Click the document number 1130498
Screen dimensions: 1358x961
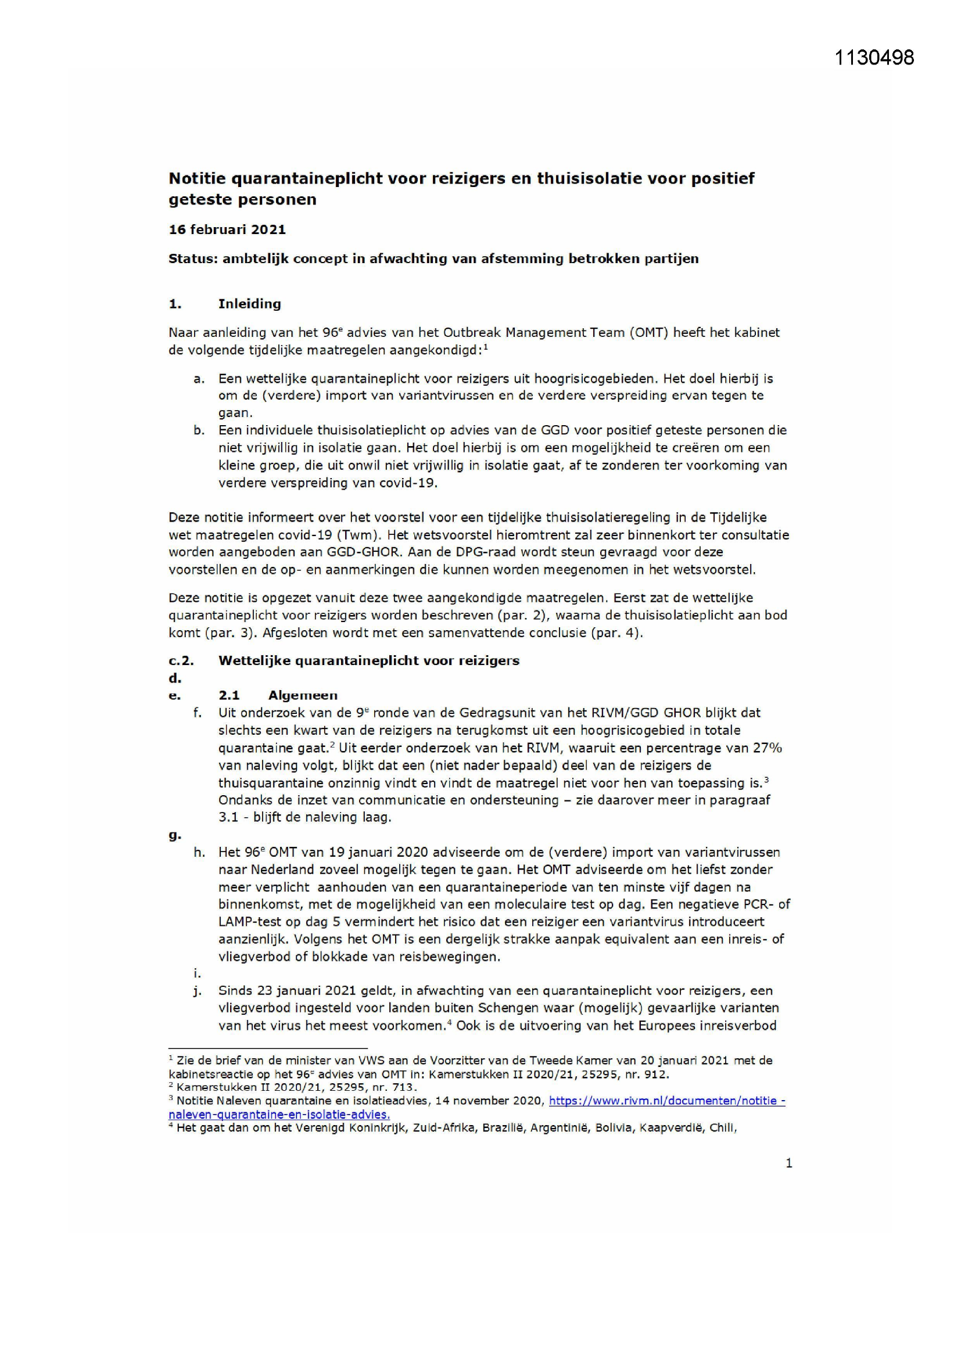click(874, 58)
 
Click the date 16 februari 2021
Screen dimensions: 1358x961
click(227, 229)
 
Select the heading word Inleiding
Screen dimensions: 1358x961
click(249, 304)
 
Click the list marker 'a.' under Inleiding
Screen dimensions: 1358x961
click(199, 379)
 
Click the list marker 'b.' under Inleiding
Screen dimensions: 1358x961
click(199, 430)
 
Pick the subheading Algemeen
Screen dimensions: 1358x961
click(302, 696)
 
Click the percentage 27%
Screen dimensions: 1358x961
click(767, 748)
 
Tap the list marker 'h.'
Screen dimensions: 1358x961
click(199, 852)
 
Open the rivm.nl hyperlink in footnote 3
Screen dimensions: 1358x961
click(666, 1101)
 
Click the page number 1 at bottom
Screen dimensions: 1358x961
click(788, 1163)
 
